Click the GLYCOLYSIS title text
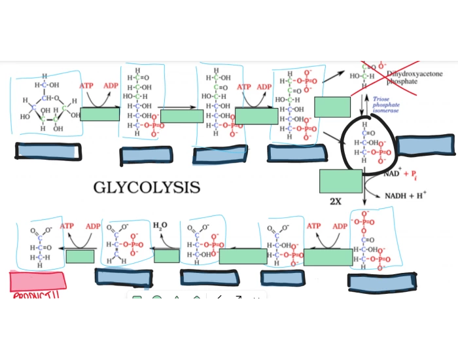147,188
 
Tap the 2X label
335,201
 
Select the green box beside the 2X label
340,181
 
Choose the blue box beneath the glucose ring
49,151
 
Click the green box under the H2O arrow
167,256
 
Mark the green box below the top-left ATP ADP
99,115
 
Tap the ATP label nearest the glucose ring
86,86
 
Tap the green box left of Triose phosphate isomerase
332,106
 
